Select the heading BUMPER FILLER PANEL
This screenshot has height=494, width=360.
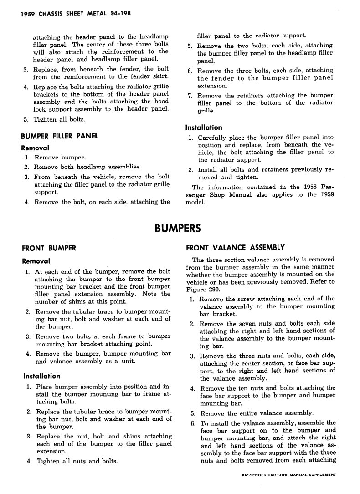(x=60, y=136)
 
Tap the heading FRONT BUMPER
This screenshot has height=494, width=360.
(x=49, y=248)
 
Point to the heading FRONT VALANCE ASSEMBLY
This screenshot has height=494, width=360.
(x=235, y=248)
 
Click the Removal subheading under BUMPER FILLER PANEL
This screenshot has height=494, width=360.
(x=36, y=148)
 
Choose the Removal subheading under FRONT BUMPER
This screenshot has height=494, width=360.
(x=36, y=261)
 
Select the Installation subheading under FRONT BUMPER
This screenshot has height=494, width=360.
(x=41, y=376)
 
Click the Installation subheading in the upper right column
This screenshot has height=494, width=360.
(x=204, y=127)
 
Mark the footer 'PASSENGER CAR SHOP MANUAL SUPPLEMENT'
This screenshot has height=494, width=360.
(x=289, y=475)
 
